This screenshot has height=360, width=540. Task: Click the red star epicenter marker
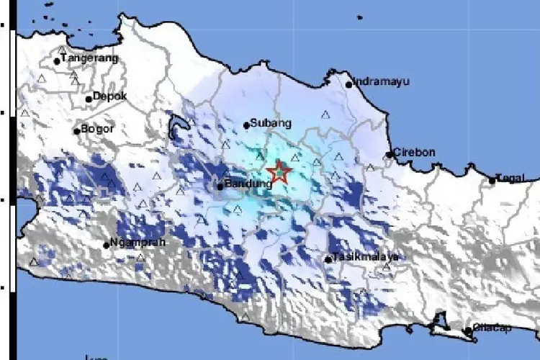278,172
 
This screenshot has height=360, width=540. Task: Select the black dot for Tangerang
57,61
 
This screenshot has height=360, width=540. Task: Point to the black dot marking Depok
89,99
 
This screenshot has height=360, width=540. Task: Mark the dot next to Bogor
76,131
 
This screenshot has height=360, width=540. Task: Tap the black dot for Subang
246,125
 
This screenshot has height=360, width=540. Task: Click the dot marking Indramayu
348,84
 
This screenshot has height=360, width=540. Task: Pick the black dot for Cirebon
389,154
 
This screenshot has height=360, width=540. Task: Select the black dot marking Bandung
220,186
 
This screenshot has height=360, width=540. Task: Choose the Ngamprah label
138,243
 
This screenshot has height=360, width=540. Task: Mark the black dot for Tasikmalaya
328,260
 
